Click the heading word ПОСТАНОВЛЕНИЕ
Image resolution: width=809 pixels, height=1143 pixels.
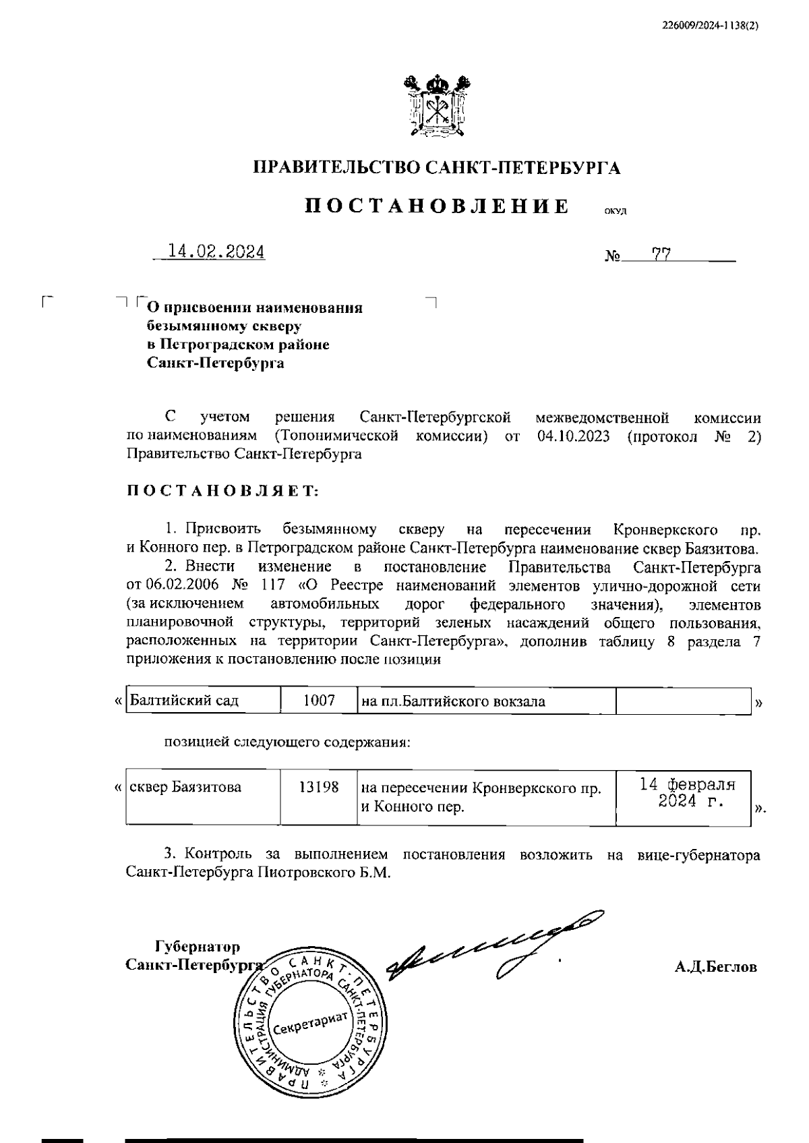pos(437,205)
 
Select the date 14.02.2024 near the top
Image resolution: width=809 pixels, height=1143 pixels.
pos(216,252)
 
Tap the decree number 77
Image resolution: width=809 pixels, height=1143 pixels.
pos(661,254)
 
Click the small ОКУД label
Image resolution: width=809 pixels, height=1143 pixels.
pos(615,212)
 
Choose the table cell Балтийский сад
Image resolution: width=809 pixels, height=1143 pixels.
pos(185,701)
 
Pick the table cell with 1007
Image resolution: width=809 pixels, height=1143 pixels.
pos(318,701)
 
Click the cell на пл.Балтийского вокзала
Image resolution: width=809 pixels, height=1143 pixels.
pos(453,701)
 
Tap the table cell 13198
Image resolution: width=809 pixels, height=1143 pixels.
pos(318,787)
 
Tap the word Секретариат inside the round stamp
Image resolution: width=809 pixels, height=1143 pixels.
pos(309,1026)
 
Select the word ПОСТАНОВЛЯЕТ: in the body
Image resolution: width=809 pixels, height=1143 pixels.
pos(222,490)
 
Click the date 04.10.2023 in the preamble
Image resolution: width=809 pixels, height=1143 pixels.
pos(574,436)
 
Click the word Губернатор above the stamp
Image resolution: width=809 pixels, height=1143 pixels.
pos(198,946)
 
